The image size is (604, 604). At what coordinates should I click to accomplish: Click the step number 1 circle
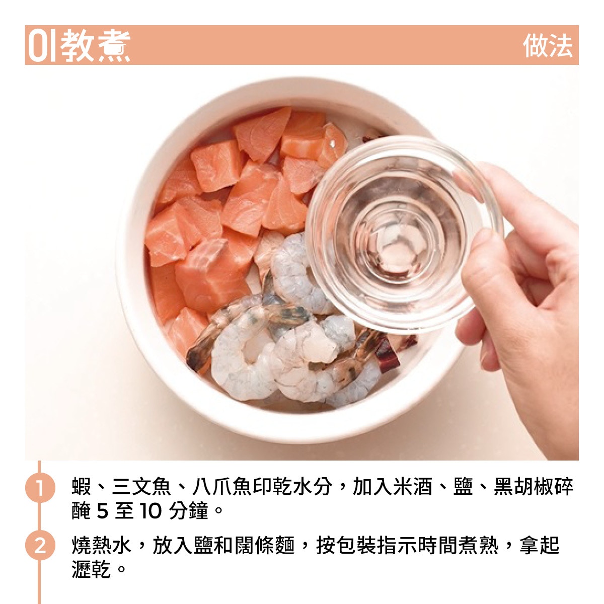[40, 487]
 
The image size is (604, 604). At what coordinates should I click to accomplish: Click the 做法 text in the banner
[548, 45]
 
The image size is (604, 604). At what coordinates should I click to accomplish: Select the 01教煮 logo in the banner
[79, 45]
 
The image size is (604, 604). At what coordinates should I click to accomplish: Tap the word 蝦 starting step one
[82, 486]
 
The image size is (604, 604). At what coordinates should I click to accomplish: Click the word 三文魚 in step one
[141, 486]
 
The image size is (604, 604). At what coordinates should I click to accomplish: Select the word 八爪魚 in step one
[221, 486]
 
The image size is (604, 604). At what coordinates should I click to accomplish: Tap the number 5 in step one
[103, 511]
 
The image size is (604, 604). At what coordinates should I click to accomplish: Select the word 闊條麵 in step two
[265, 546]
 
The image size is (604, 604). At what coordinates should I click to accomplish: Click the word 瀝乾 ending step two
[91, 569]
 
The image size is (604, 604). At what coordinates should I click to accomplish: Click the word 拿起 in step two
[540, 546]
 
